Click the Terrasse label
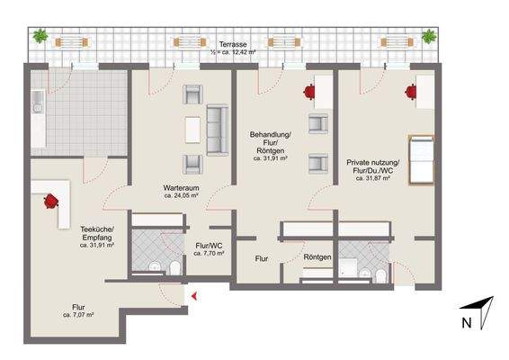[x=233, y=44]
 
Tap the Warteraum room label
[x=181, y=188]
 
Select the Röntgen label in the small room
[x=317, y=257]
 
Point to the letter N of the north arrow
[x=467, y=323]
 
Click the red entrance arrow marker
[x=194, y=296]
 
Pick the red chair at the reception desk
[x=51, y=201]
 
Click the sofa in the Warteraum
[x=217, y=130]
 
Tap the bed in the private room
[x=422, y=160]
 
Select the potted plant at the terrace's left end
[x=40, y=36]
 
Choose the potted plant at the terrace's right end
[x=429, y=36]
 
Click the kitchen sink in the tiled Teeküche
[x=38, y=102]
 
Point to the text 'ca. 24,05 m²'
[x=181, y=196]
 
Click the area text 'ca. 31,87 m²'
[x=372, y=178]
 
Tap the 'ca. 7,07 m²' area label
[x=78, y=315]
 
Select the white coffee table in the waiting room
[x=192, y=130]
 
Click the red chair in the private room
[x=411, y=92]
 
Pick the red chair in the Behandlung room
[x=309, y=92]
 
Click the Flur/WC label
[x=209, y=246]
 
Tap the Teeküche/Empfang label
[x=97, y=233]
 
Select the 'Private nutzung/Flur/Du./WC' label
[x=372, y=166]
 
